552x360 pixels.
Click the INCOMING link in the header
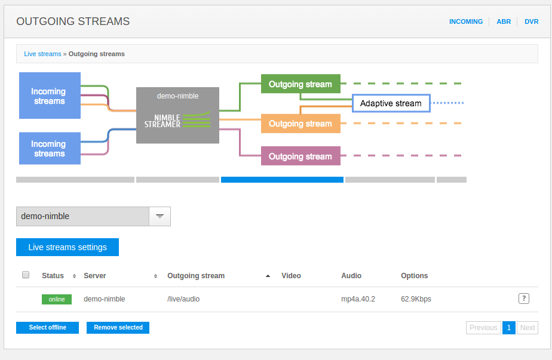(465, 21)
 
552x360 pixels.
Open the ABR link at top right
(504, 21)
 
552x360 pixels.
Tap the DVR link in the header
(531, 21)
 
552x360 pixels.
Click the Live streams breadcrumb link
(42, 54)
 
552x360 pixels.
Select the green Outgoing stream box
(300, 84)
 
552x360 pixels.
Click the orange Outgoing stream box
(300, 124)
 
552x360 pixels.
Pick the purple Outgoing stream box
(300, 156)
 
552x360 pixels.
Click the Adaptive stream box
(391, 103)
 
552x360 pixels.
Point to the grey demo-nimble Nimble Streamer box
(177, 115)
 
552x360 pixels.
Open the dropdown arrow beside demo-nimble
(160, 216)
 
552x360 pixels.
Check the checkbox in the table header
(26, 275)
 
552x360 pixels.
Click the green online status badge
(57, 299)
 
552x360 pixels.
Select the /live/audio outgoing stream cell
(183, 299)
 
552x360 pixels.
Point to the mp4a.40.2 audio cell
(358, 299)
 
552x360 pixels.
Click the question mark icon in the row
(523, 299)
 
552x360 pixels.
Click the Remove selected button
(118, 328)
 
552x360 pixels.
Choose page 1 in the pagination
(508, 328)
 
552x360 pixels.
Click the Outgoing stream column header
(196, 276)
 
